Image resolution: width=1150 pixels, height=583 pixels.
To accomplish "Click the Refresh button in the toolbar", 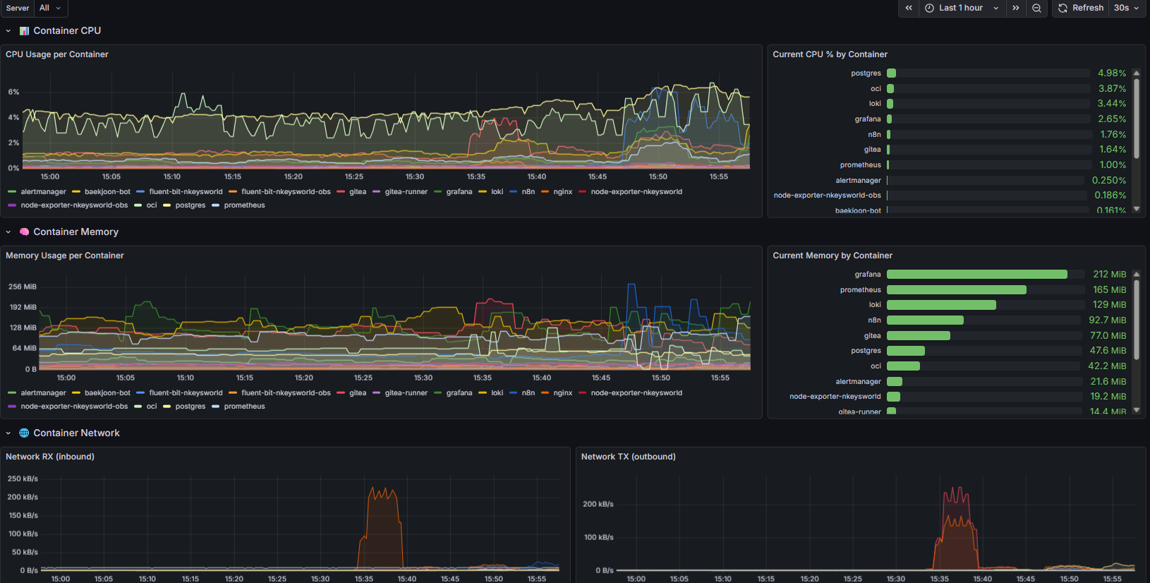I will [x=1080, y=8].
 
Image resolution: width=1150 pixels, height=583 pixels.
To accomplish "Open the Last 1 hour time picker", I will [x=961, y=8].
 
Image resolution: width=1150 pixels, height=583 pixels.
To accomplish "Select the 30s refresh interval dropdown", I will [x=1126, y=8].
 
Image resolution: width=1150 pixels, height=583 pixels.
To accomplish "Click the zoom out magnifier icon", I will [x=1036, y=8].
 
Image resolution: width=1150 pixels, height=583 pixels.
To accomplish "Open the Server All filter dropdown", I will [x=49, y=8].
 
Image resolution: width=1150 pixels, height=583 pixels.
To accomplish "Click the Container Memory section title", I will [x=75, y=232].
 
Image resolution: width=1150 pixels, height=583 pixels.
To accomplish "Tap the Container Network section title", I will [x=76, y=433].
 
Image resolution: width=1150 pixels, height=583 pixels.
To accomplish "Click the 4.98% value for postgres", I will [x=1111, y=73].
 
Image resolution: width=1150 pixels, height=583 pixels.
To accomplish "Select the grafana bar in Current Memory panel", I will [x=976, y=275].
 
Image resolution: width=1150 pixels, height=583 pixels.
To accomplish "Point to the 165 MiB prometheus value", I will [x=1109, y=290].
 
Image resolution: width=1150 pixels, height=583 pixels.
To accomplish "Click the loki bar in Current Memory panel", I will [x=941, y=305].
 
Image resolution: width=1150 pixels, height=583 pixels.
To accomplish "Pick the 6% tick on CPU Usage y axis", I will [x=13, y=92].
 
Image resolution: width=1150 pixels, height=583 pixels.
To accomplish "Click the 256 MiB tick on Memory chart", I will [x=22, y=287].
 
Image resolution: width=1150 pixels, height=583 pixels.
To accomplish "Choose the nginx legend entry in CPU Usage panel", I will [x=562, y=192].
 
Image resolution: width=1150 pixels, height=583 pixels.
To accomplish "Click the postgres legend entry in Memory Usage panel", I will [x=190, y=407].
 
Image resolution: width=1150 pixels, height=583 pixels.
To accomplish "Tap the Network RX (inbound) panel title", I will [x=50, y=457].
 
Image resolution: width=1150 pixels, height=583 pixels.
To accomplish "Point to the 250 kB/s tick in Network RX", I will [x=23, y=479].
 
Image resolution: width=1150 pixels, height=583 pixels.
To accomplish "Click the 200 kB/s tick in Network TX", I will [x=598, y=504].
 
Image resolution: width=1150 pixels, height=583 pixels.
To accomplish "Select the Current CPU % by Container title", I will [x=830, y=54].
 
